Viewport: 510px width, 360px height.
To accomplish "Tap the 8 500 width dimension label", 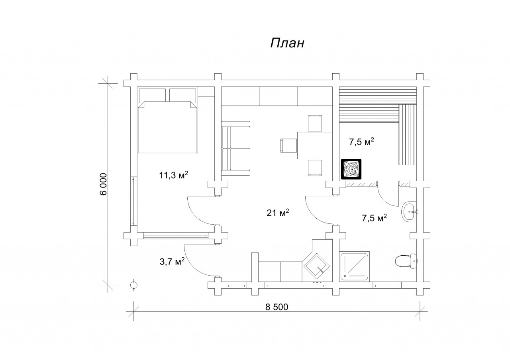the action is pos(277,307).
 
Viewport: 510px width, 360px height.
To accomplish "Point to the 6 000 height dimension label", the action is pos(103,184).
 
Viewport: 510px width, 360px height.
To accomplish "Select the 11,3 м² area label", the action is pos(173,175).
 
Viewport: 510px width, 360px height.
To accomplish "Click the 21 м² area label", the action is pos(278,213).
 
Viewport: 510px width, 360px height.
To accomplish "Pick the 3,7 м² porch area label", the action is pos(172,262).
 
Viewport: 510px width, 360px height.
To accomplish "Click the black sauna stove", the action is pos(351,169).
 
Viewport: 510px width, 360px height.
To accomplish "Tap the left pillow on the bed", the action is pos(152,95).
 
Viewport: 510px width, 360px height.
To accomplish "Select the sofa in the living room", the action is pos(235,149).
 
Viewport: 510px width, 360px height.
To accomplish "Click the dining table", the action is pos(315,145).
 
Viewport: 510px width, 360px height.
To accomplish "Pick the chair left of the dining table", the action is pos(288,145).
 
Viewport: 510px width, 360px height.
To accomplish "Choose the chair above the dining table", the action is pos(315,123).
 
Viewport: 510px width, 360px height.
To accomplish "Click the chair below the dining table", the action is pos(315,168).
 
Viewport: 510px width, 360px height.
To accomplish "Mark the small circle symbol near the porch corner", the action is pos(133,285).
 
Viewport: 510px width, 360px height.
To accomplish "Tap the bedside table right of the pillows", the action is pos(206,92).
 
